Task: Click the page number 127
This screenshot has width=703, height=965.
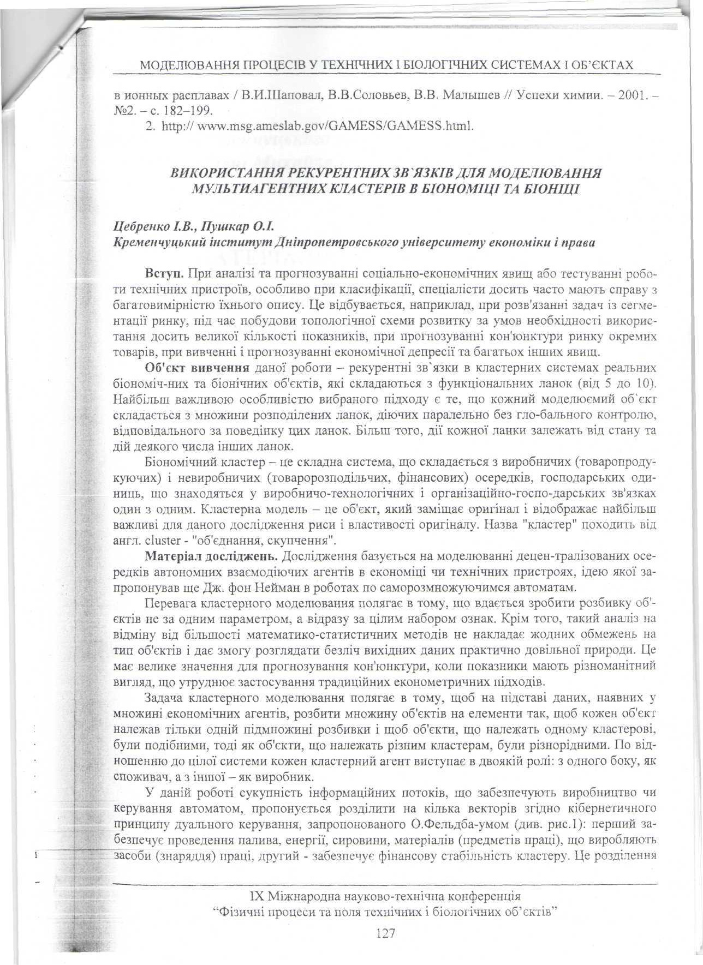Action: click(385, 933)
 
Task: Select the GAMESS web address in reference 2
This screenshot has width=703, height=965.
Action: click(333, 127)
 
